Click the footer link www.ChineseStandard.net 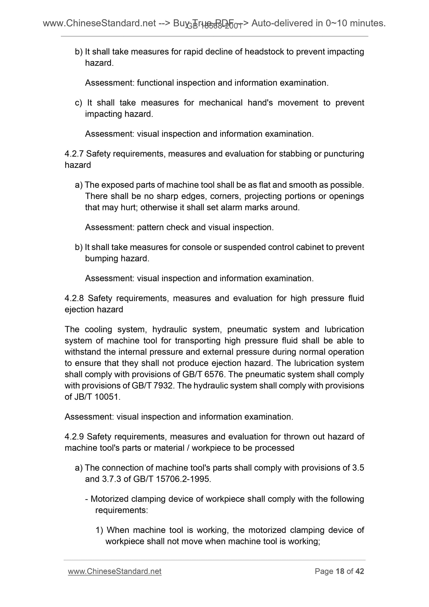pyautogui.click(x=114, y=571)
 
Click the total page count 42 pyautogui.click(x=360, y=571)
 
